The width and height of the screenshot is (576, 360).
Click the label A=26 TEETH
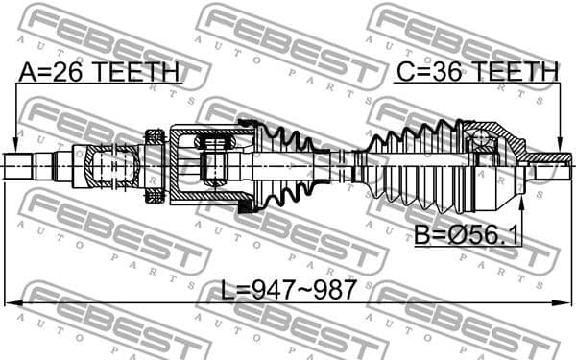point(98,71)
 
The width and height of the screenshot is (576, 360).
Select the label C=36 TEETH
point(477,71)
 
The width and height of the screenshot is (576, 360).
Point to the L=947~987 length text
point(286,289)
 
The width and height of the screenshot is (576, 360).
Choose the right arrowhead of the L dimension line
point(564,304)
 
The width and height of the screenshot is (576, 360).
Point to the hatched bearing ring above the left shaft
point(155,136)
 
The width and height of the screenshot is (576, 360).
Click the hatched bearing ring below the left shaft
point(155,196)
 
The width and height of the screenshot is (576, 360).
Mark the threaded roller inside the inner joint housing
point(213,158)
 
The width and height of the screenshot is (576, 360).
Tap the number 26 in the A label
point(64,71)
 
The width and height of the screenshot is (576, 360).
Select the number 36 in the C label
point(443,71)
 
